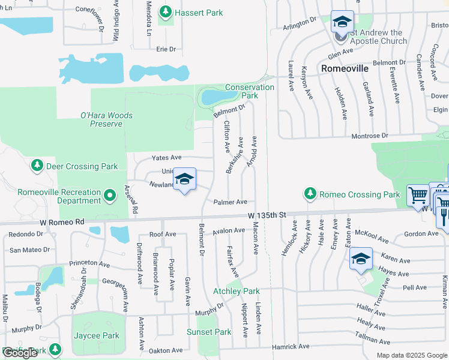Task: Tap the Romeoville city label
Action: click(x=345, y=68)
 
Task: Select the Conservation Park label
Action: click(x=250, y=91)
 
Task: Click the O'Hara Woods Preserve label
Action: click(x=106, y=119)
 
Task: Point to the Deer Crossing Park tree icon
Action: click(x=37, y=165)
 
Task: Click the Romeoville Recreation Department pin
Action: click(x=110, y=196)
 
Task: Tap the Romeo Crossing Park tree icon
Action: click(x=310, y=194)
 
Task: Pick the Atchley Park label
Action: click(x=237, y=291)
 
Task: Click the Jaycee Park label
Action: click(x=95, y=335)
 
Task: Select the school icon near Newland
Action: click(x=184, y=179)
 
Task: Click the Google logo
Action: click(x=20, y=353)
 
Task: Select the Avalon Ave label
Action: click(x=229, y=230)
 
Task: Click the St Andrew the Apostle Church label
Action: click(x=376, y=37)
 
